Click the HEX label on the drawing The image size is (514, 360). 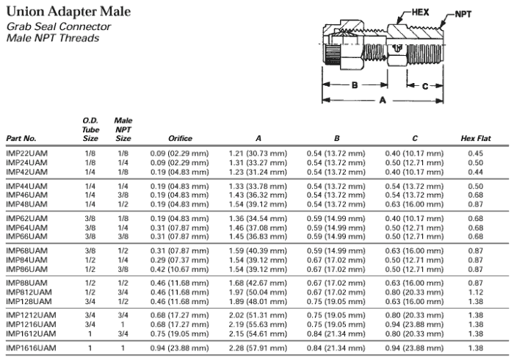pos(420,12)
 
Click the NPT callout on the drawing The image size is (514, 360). pos(463,14)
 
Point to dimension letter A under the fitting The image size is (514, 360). pos(383,100)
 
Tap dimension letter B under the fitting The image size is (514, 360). pos(355,85)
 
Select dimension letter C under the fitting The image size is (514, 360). pos(425,86)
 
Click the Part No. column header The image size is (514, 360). pos(21,138)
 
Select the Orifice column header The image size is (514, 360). pos(180,138)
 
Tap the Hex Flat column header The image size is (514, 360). pos(476,138)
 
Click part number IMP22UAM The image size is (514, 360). pos(27,153)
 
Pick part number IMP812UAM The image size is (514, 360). pos(29,292)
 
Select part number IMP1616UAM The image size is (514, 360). pos(31,348)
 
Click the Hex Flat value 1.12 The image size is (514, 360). pos(476,292)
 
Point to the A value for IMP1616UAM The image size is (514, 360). pos(258,348)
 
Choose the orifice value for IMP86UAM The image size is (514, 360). pos(179,269)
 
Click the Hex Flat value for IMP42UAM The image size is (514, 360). pos(476,172)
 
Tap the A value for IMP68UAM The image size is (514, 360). pos(258,251)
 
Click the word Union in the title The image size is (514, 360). pos(25,12)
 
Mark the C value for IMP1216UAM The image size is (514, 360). pos(414,324)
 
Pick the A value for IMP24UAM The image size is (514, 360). pos(258,162)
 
